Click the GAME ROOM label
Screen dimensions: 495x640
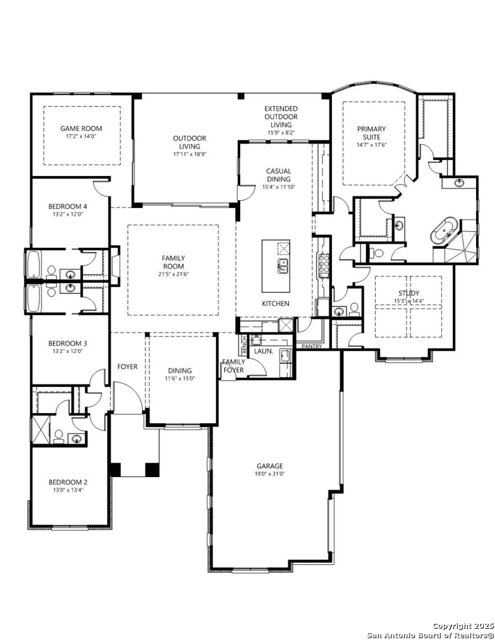81,128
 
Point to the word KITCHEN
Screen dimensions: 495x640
276,303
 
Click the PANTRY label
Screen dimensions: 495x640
312,347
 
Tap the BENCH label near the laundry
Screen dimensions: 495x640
244,345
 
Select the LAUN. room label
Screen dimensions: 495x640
263,351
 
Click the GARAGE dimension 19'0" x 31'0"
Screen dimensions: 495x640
270,474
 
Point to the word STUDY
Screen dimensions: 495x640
409,293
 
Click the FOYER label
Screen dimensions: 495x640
127,367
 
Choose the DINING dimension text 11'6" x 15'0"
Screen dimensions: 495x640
180,378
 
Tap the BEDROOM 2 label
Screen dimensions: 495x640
68,482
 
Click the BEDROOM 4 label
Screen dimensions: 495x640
68,206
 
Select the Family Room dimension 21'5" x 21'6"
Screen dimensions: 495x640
173,274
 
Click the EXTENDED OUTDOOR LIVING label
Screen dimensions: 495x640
281,116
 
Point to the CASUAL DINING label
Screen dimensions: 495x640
279,175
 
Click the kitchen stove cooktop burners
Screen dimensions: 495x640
324,265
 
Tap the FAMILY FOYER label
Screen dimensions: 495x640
234,366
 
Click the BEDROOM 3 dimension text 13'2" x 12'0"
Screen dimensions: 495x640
68,351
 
